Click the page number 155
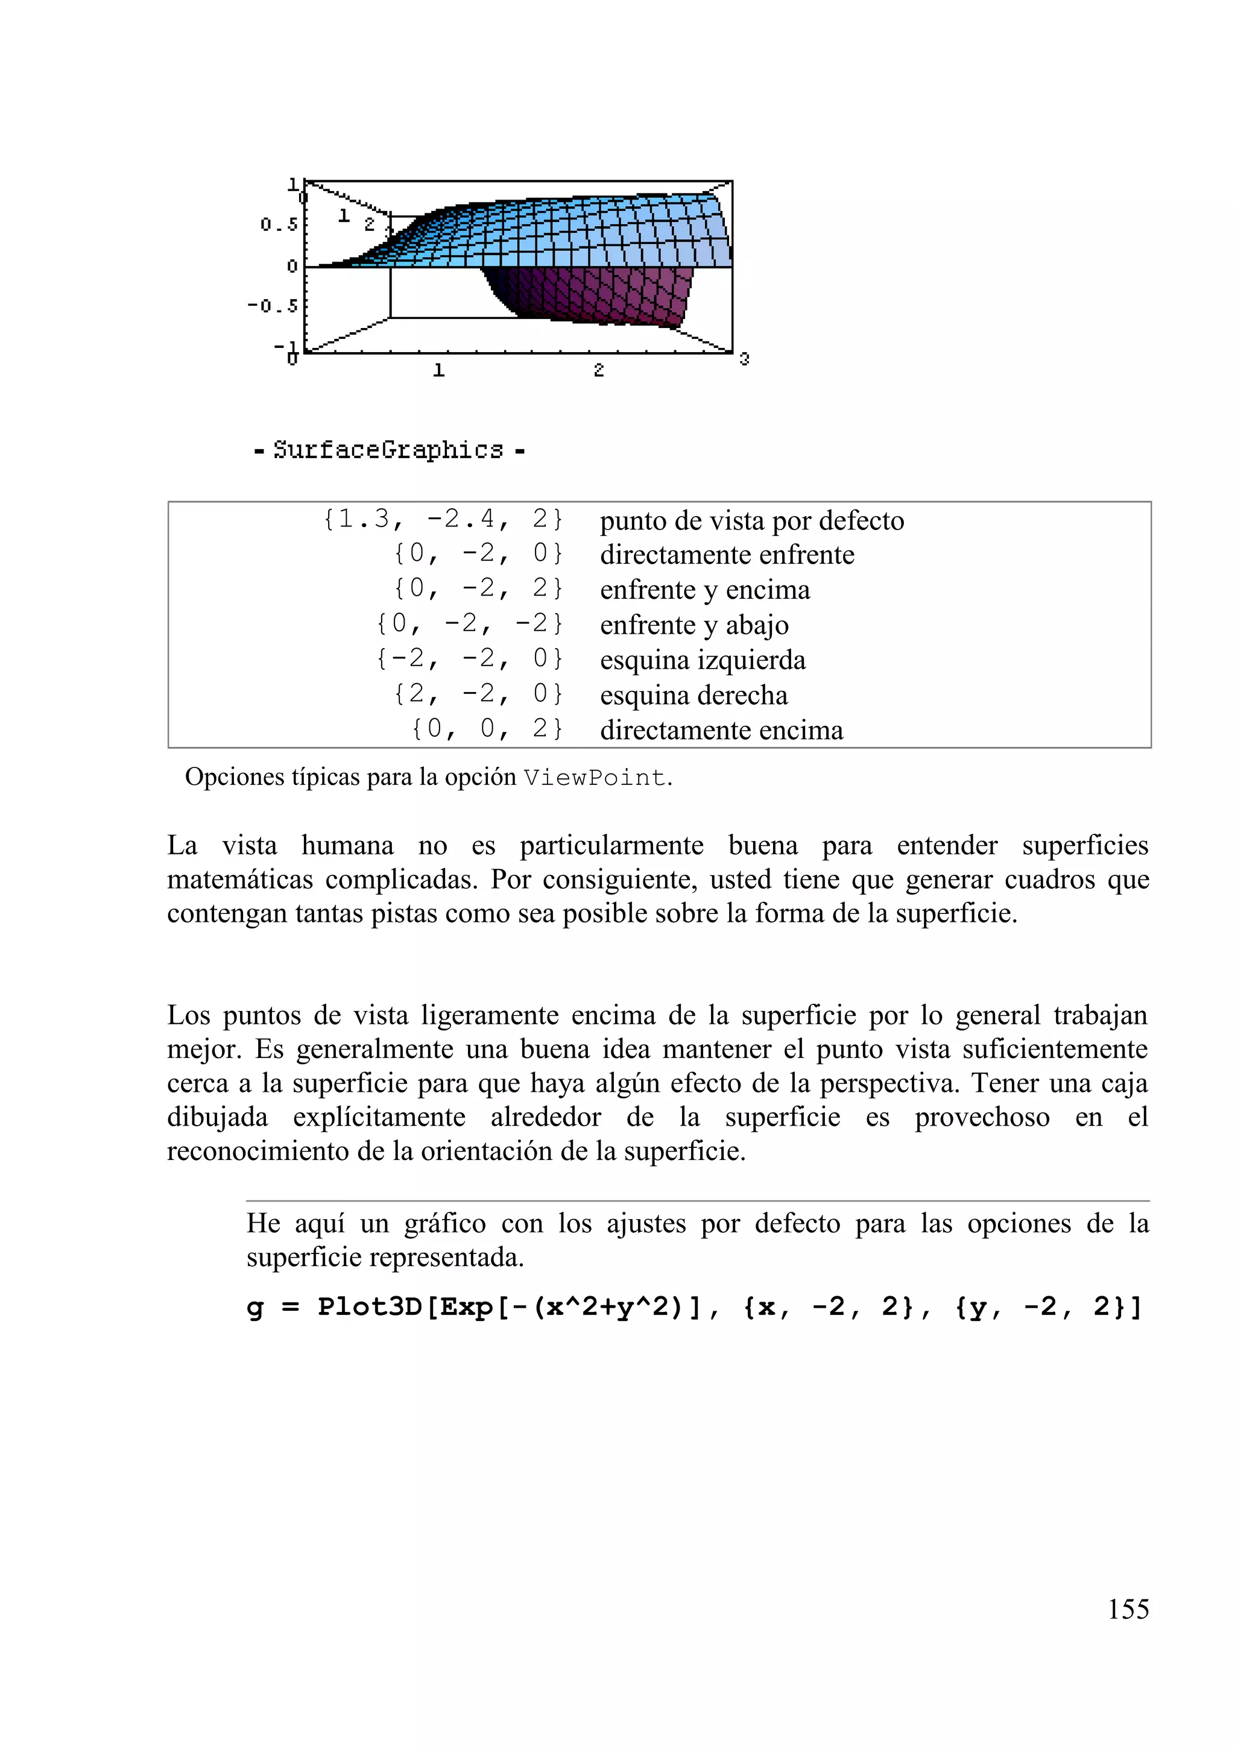[1128, 1609]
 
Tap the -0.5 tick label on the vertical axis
[273, 306]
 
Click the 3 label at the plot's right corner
[744, 358]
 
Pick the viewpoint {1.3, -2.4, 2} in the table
[443, 520]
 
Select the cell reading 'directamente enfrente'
[727, 555]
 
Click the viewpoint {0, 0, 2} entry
[487, 729]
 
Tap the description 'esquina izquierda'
[703, 660]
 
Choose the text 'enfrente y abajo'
[694, 625]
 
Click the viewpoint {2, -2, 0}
[478, 694]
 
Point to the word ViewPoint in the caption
[594, 778]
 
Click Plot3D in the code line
[368, 1306]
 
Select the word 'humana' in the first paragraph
[347, 845]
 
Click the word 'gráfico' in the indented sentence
[445, 1223]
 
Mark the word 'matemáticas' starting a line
[240, 880]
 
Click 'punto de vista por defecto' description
[752, 521]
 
